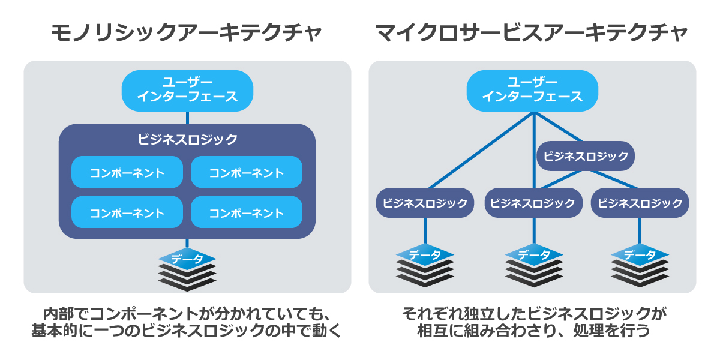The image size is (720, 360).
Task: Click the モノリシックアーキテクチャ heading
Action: pos(187,34)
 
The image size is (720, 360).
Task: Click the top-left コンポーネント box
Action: pos(127,173)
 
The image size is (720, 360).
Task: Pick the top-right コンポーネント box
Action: pos(246,173)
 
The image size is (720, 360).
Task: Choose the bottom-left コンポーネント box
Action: pos(127,212)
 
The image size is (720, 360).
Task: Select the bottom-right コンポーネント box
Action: pos(246,212)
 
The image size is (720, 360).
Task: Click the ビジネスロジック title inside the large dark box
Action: pos(187,139)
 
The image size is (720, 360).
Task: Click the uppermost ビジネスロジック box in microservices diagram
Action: pos(586,156)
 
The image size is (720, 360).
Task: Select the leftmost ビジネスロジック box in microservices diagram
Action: pos(425,203)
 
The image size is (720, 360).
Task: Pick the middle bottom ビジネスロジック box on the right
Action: pos(533,203)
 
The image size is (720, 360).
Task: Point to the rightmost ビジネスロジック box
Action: pos(640,203)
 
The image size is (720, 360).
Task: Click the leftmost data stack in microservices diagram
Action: pos(425,265)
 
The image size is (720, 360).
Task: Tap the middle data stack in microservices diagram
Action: pos(533,265)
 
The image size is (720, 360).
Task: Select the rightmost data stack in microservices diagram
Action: pos(640,265)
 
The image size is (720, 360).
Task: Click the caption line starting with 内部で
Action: pos(187,314)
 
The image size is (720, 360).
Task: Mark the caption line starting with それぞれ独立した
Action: pos(533,314)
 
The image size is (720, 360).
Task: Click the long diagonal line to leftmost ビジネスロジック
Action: pos(480,150)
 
